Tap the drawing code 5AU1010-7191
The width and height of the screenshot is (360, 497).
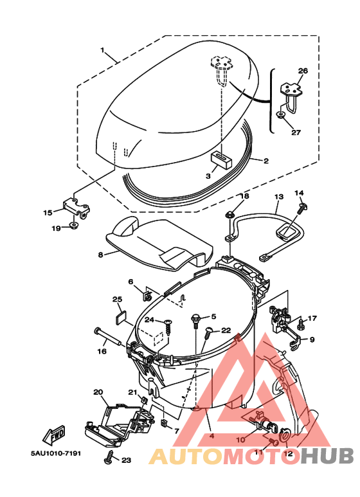[x=56, y=453]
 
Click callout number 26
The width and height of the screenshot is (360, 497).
[x=303, y=71]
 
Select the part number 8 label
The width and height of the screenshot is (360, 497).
[x=101, y=255]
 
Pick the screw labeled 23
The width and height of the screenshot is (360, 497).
[x=109, y=455]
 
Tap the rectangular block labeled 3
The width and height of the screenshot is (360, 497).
[x=222, y=158]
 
